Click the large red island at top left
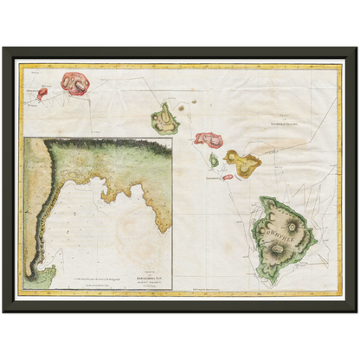tap(74, 84)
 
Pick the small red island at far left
tap(42, 93)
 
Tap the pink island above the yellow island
tap(208, 138)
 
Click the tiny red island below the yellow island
tap(228, 177)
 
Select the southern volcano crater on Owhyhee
tap(280, 250)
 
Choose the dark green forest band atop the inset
tap(104, 145)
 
